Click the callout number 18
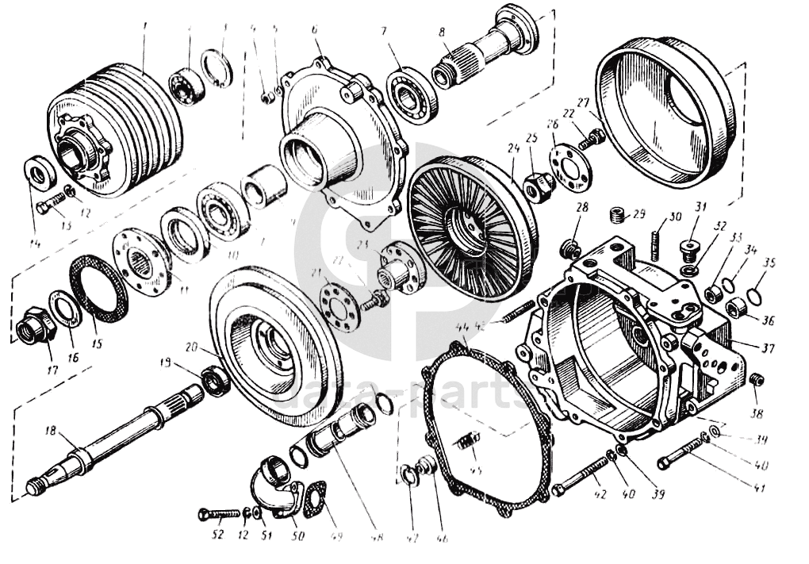pyautogui.click(x=50, y=432)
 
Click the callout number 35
pyautogui.click(x=767, y=262)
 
